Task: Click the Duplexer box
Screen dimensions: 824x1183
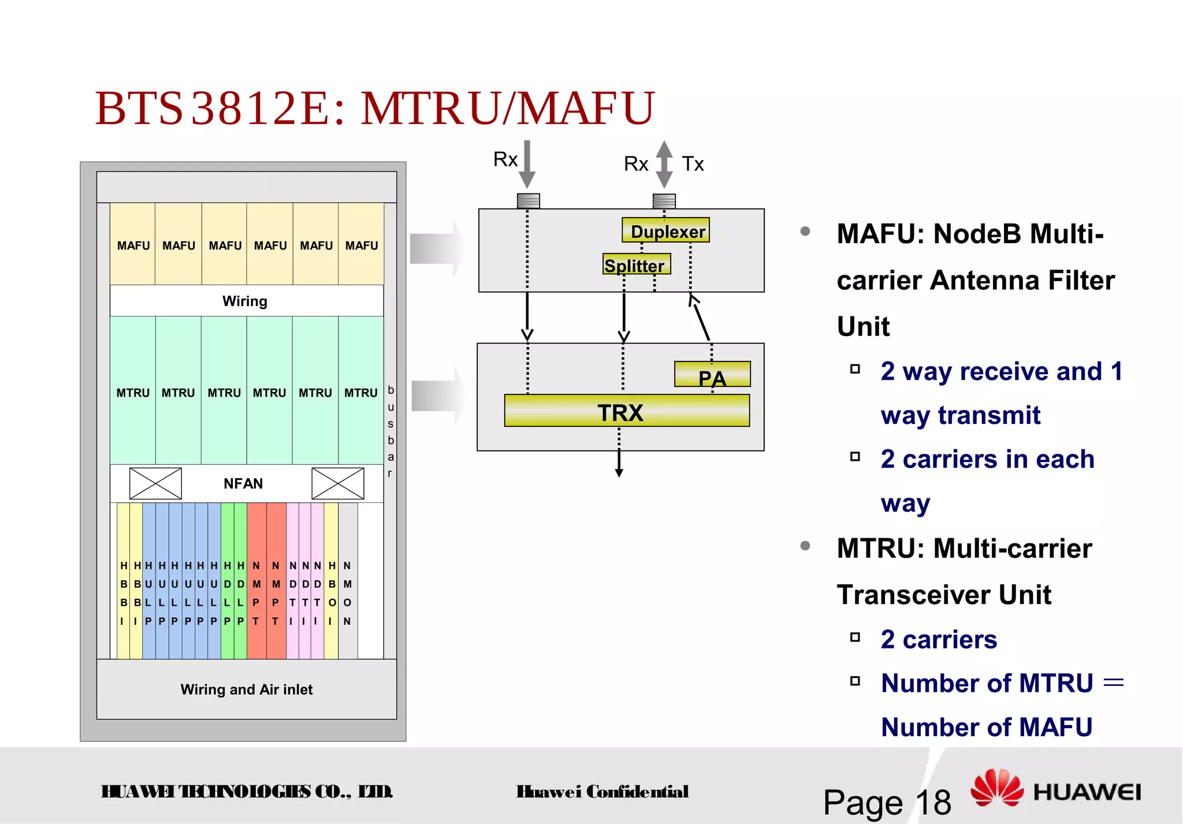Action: click(665, 230)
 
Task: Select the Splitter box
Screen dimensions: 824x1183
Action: click(636, 264)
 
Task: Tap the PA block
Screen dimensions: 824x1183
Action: click(712, 375)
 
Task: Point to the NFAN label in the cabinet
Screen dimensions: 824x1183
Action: click(243, 483)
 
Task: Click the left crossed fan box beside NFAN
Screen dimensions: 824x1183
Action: click(155, 483)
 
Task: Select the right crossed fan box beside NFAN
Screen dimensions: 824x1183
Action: click(338, 483)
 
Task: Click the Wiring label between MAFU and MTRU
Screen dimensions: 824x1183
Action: click(245, 301)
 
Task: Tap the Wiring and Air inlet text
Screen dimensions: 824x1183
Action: click(247, 689)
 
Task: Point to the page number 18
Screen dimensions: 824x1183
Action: click(933, 803)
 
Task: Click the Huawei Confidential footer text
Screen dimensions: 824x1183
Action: click(602, 792)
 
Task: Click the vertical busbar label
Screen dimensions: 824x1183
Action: click(390, 431)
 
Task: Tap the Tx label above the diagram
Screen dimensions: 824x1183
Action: click(693, 164)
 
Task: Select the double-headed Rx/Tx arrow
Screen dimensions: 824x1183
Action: click(664, 164)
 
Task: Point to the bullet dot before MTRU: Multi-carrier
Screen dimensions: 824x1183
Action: click(805, 546)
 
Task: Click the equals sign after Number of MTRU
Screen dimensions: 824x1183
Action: click(1113, 683)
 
